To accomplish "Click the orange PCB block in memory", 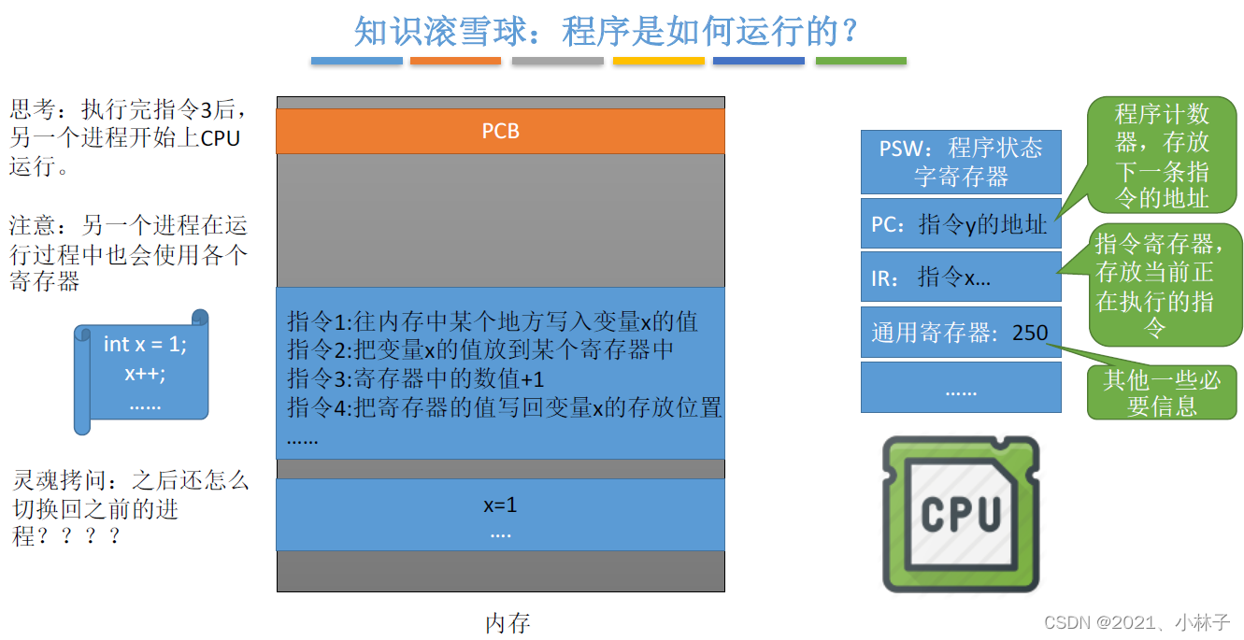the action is tap(500, 131).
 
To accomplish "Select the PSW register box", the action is tap(960, 162).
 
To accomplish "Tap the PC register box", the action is tap(960, 223).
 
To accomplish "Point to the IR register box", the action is tap(960, 277).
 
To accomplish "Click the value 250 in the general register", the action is tap(1030, 333).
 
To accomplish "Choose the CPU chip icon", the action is tap(960, 515).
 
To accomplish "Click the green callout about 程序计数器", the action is tap(1162, 156).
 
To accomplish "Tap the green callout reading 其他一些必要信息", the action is tap(1162, 392).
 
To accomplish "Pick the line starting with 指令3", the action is tap(415, 379).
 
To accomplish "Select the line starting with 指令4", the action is tap(504, 407).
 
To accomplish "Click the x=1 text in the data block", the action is tap(500, 505).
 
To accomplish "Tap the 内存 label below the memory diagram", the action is tap(508, 623).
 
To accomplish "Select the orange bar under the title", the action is tap(455, 61).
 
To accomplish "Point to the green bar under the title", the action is tap(860, 61).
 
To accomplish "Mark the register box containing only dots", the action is tap(960, 389).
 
